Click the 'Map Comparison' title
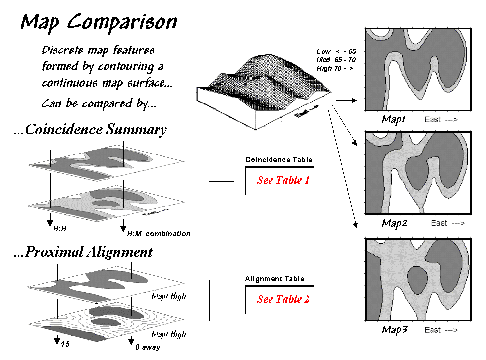click(x=99, y=22)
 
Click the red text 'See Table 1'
click(x=283, y=180)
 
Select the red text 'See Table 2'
click(x=283, y=299)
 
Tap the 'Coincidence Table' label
click(x=279, y=160)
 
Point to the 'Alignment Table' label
click(x=274, y=279)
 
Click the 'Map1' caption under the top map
click(x=394, y=119)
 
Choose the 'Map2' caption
click(x=394, y=223)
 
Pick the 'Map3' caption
click(x=394, y=330)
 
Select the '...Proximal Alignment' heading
click(x=83, y=252)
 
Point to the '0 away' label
click(x=148, y=347)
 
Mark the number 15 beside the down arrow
click(x=64, y=343)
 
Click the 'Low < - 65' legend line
click(x=336, y=51)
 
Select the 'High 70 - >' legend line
click(x=334, y=68)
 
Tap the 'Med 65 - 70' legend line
click(x=335, y=60)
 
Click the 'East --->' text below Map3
click(x=444, y=330)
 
